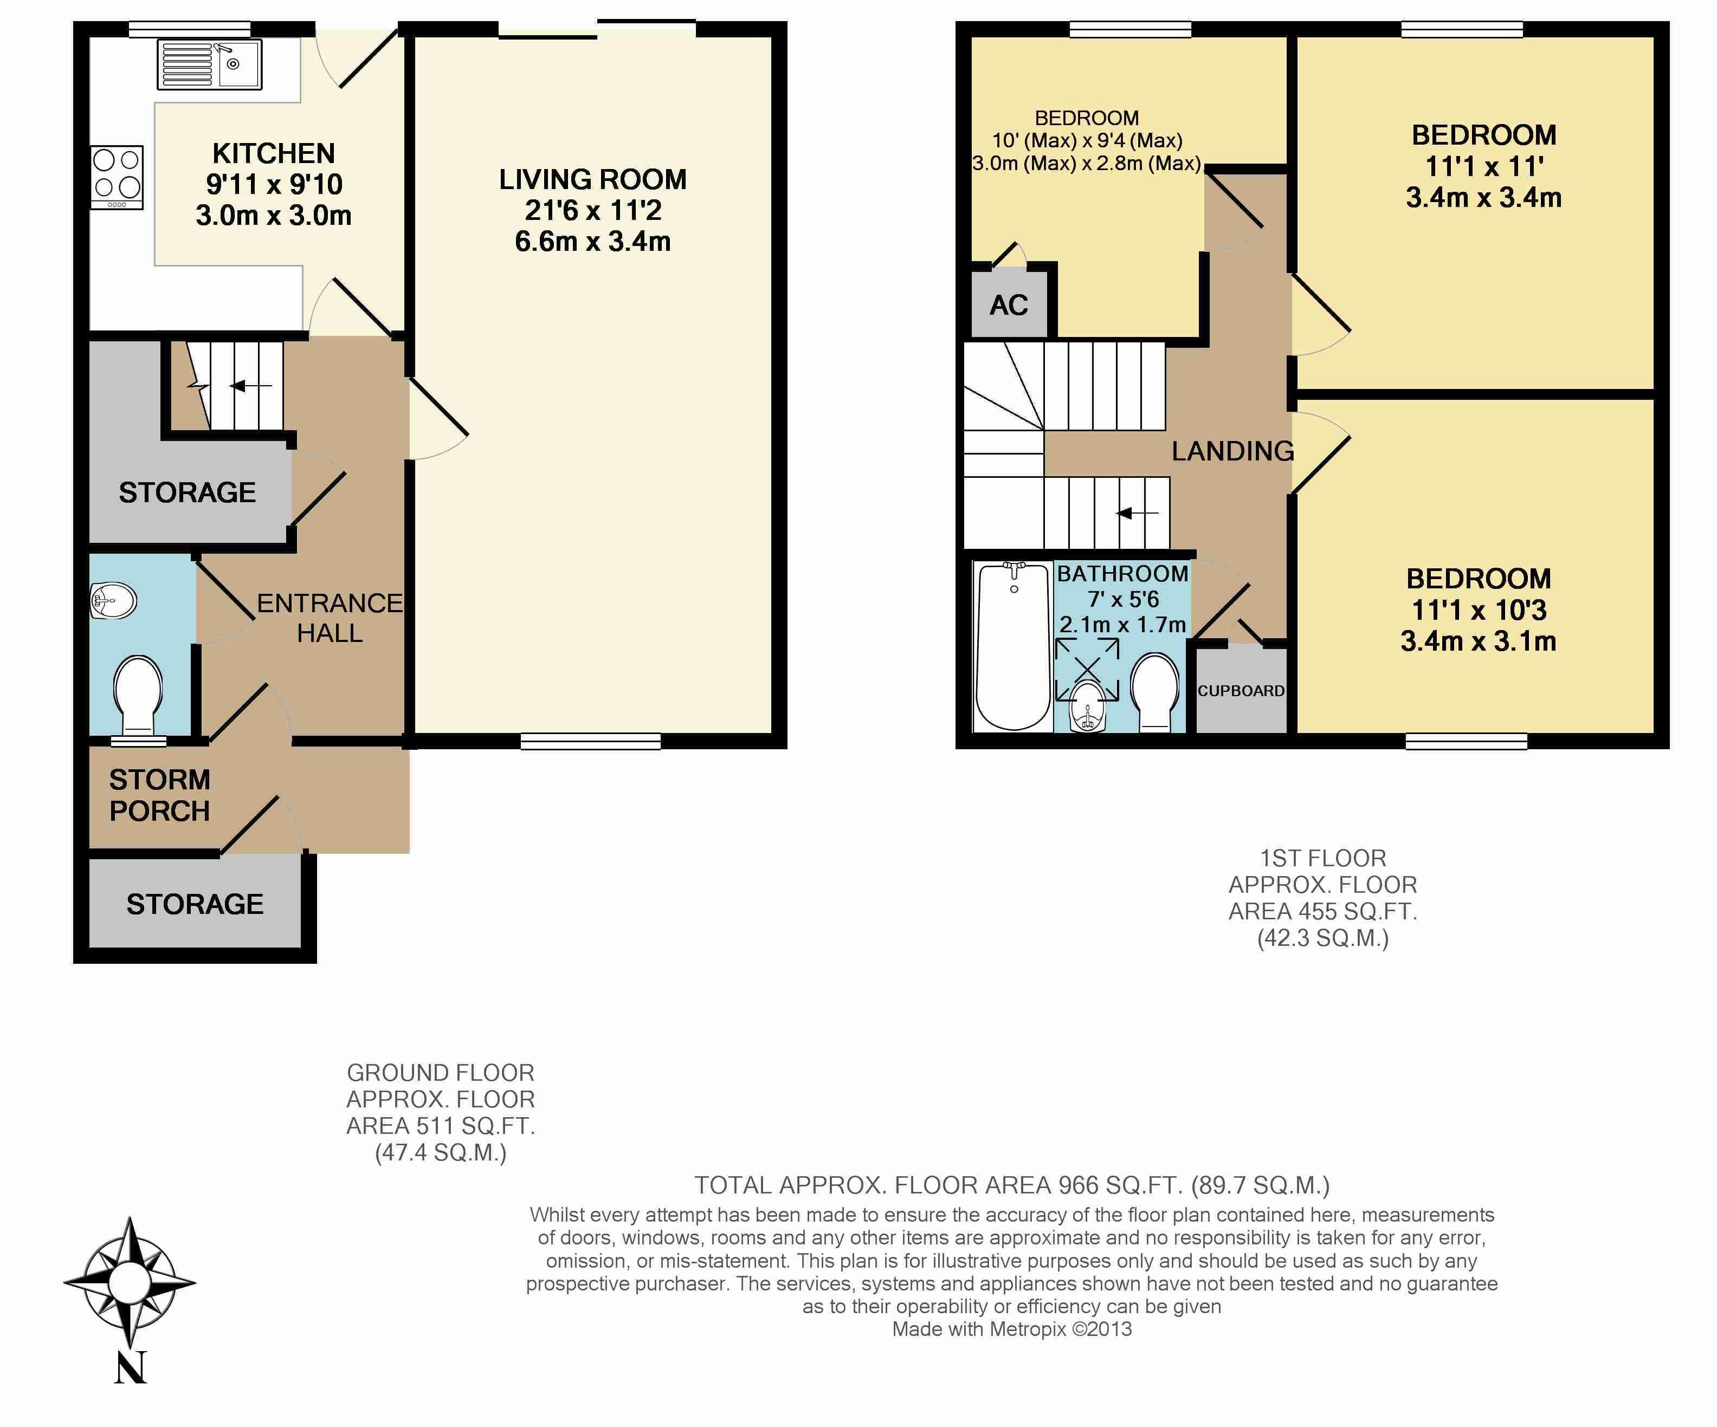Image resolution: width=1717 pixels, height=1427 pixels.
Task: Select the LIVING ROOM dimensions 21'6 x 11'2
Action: [593, 211]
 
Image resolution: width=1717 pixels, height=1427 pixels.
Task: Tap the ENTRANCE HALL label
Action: [330, 618]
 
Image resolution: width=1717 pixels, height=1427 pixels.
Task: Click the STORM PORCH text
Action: [159, 795]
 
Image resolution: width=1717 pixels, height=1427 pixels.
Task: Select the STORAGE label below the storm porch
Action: [195, 904]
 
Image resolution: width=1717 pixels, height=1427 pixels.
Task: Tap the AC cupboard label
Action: [1008, 306]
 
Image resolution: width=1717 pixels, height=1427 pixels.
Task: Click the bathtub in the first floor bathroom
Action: [1013, 646]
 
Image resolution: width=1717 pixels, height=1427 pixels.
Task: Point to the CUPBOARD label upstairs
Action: [1241, 691]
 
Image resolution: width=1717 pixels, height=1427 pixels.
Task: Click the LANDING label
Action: [1232, 451]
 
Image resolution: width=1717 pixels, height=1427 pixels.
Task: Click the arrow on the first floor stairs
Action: [1137, 513]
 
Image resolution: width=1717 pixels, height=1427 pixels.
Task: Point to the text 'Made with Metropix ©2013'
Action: [1011, 1329]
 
